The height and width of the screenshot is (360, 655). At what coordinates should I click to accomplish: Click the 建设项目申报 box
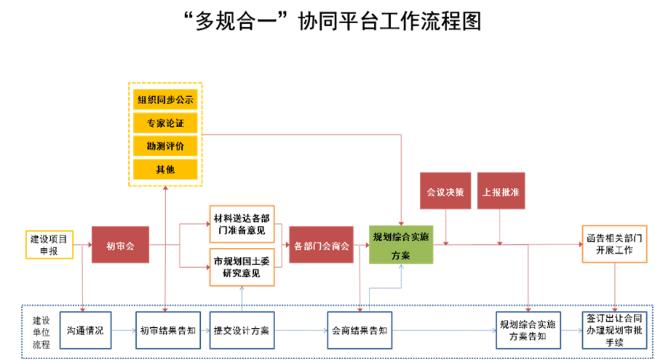49,245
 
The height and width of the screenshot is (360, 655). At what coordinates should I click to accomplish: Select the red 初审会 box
120,245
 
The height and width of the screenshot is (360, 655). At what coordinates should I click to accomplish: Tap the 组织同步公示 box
165,100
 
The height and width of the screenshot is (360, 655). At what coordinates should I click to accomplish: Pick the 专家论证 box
165,123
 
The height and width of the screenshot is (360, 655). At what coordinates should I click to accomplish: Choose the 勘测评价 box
165,146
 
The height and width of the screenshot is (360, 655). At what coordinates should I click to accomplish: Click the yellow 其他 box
165,170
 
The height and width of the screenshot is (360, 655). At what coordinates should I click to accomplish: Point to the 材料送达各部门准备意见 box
242,224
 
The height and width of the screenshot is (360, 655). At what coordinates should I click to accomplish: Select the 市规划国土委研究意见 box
242,267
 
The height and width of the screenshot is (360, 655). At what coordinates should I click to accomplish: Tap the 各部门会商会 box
321,245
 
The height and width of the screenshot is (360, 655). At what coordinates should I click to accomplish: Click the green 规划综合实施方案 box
401,245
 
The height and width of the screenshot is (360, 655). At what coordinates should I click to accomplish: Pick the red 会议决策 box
446,191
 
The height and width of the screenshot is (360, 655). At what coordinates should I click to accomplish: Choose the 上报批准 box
501,191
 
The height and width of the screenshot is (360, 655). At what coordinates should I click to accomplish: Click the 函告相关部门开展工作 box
615,244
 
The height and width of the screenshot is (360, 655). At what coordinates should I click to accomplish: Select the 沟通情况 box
85,330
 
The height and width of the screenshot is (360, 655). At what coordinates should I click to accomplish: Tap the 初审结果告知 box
168,330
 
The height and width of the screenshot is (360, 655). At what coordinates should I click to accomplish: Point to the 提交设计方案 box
242,330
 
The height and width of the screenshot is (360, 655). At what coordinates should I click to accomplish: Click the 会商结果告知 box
360,330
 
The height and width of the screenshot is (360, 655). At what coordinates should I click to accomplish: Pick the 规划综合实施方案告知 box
528,330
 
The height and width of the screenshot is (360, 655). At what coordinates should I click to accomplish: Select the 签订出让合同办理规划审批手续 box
615,330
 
